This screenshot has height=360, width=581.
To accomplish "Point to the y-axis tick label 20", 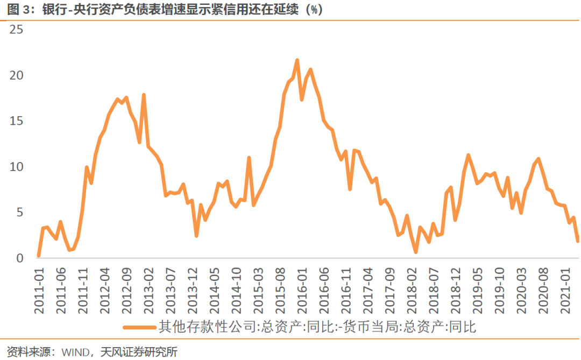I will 17,75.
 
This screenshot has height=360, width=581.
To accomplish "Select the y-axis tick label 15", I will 17,121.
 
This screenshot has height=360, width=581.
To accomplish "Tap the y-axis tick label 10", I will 17,167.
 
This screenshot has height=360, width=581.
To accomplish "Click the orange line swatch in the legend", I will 139,327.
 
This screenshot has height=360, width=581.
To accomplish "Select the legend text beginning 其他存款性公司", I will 317,327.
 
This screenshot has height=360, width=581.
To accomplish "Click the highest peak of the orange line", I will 297,60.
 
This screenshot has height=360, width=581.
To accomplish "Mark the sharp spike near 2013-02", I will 144,95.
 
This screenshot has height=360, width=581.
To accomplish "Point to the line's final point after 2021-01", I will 577,241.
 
